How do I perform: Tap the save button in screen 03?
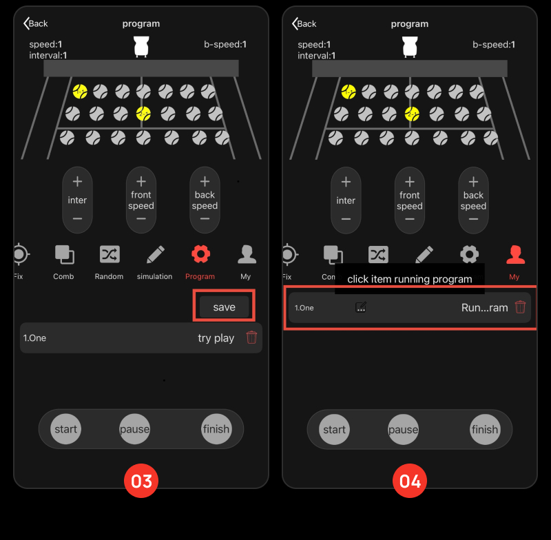[x=225, y=307]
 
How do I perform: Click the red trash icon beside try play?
[x=251, y=337]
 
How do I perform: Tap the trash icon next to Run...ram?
[x=520, y=307]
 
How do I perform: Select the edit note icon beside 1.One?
[x=361, y=307]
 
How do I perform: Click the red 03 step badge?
[x=141, y=481]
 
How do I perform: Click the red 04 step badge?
[x=410, y=481]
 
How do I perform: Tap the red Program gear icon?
[x=200, y=254]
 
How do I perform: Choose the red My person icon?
[x=515, y=254]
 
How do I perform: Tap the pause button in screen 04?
[x=403, y=429]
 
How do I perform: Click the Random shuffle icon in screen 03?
[x=110, y=254]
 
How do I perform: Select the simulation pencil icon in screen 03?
[x=156, y=254]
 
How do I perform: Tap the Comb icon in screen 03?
[x=64, y=254]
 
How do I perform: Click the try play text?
[x=216, y=338]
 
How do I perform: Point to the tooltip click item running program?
[x=410, y=278]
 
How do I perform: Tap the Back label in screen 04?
[x=306, y=23]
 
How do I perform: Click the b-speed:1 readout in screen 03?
[x=225, y=44]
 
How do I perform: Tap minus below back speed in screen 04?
[x=473, y=219]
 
